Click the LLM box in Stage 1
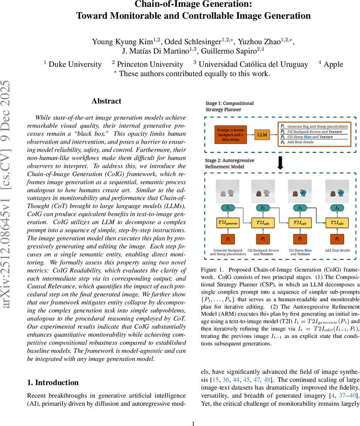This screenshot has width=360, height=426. [262, 135]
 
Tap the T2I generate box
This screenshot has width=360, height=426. [228, 223]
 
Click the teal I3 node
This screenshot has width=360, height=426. [300, 208]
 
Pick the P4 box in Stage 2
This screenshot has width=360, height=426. [337, 239]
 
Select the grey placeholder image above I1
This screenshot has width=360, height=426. [228, 192]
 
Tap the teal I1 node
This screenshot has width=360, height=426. [228, 208]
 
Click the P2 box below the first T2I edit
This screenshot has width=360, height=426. [263, 239]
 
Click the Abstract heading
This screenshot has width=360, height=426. [106, 101]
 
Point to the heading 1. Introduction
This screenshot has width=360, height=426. [53, 382]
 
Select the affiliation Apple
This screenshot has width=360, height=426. [333, 64]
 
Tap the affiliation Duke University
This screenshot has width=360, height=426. [75, 64]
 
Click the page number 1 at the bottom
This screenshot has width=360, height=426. [193, 423]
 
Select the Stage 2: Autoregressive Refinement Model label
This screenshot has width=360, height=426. [230, 164]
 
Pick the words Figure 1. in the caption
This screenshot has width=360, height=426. [212, 269]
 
